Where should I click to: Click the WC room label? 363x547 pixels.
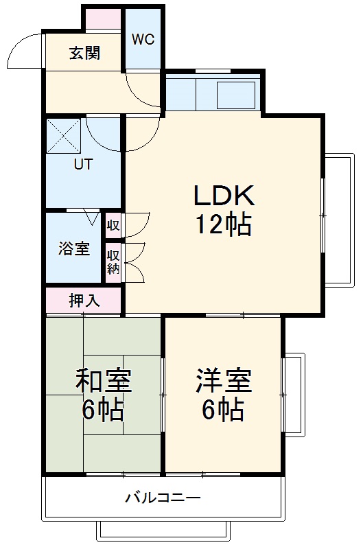click(x=143, y=39)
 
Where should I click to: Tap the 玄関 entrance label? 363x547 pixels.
click(x=84, y=53)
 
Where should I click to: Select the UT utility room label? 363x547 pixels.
click(x=84, y=165)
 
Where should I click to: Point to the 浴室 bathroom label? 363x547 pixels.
click(x=73, y=248)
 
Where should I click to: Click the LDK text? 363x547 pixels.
click(x=223, y=197)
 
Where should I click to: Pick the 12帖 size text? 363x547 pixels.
click(x=223, y=224)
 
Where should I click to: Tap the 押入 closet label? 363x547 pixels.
click(x=84, y=300)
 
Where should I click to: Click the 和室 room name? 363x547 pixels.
click(x=103, y=380)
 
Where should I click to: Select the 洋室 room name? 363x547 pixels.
click(x=223, y=380)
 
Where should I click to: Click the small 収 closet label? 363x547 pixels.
click(x=113, y=224)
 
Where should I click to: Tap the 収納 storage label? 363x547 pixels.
click(x=113, y=261)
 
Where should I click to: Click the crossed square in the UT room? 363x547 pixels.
click(x=64, y=135)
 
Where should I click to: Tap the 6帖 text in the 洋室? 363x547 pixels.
click(x=223, y=410)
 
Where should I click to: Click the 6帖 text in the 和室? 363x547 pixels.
click(x=103, y=410)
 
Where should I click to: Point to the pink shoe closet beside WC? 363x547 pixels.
click(x=104, y=19)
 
